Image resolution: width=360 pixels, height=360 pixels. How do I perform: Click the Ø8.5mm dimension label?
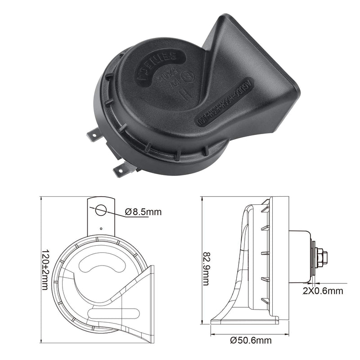click(143, 212)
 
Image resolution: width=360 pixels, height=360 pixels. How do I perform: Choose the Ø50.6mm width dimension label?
click(251, 341)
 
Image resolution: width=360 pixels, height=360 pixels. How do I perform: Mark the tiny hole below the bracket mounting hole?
click(101, 228)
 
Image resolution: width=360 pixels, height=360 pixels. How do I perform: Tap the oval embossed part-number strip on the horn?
click(224, 100)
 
